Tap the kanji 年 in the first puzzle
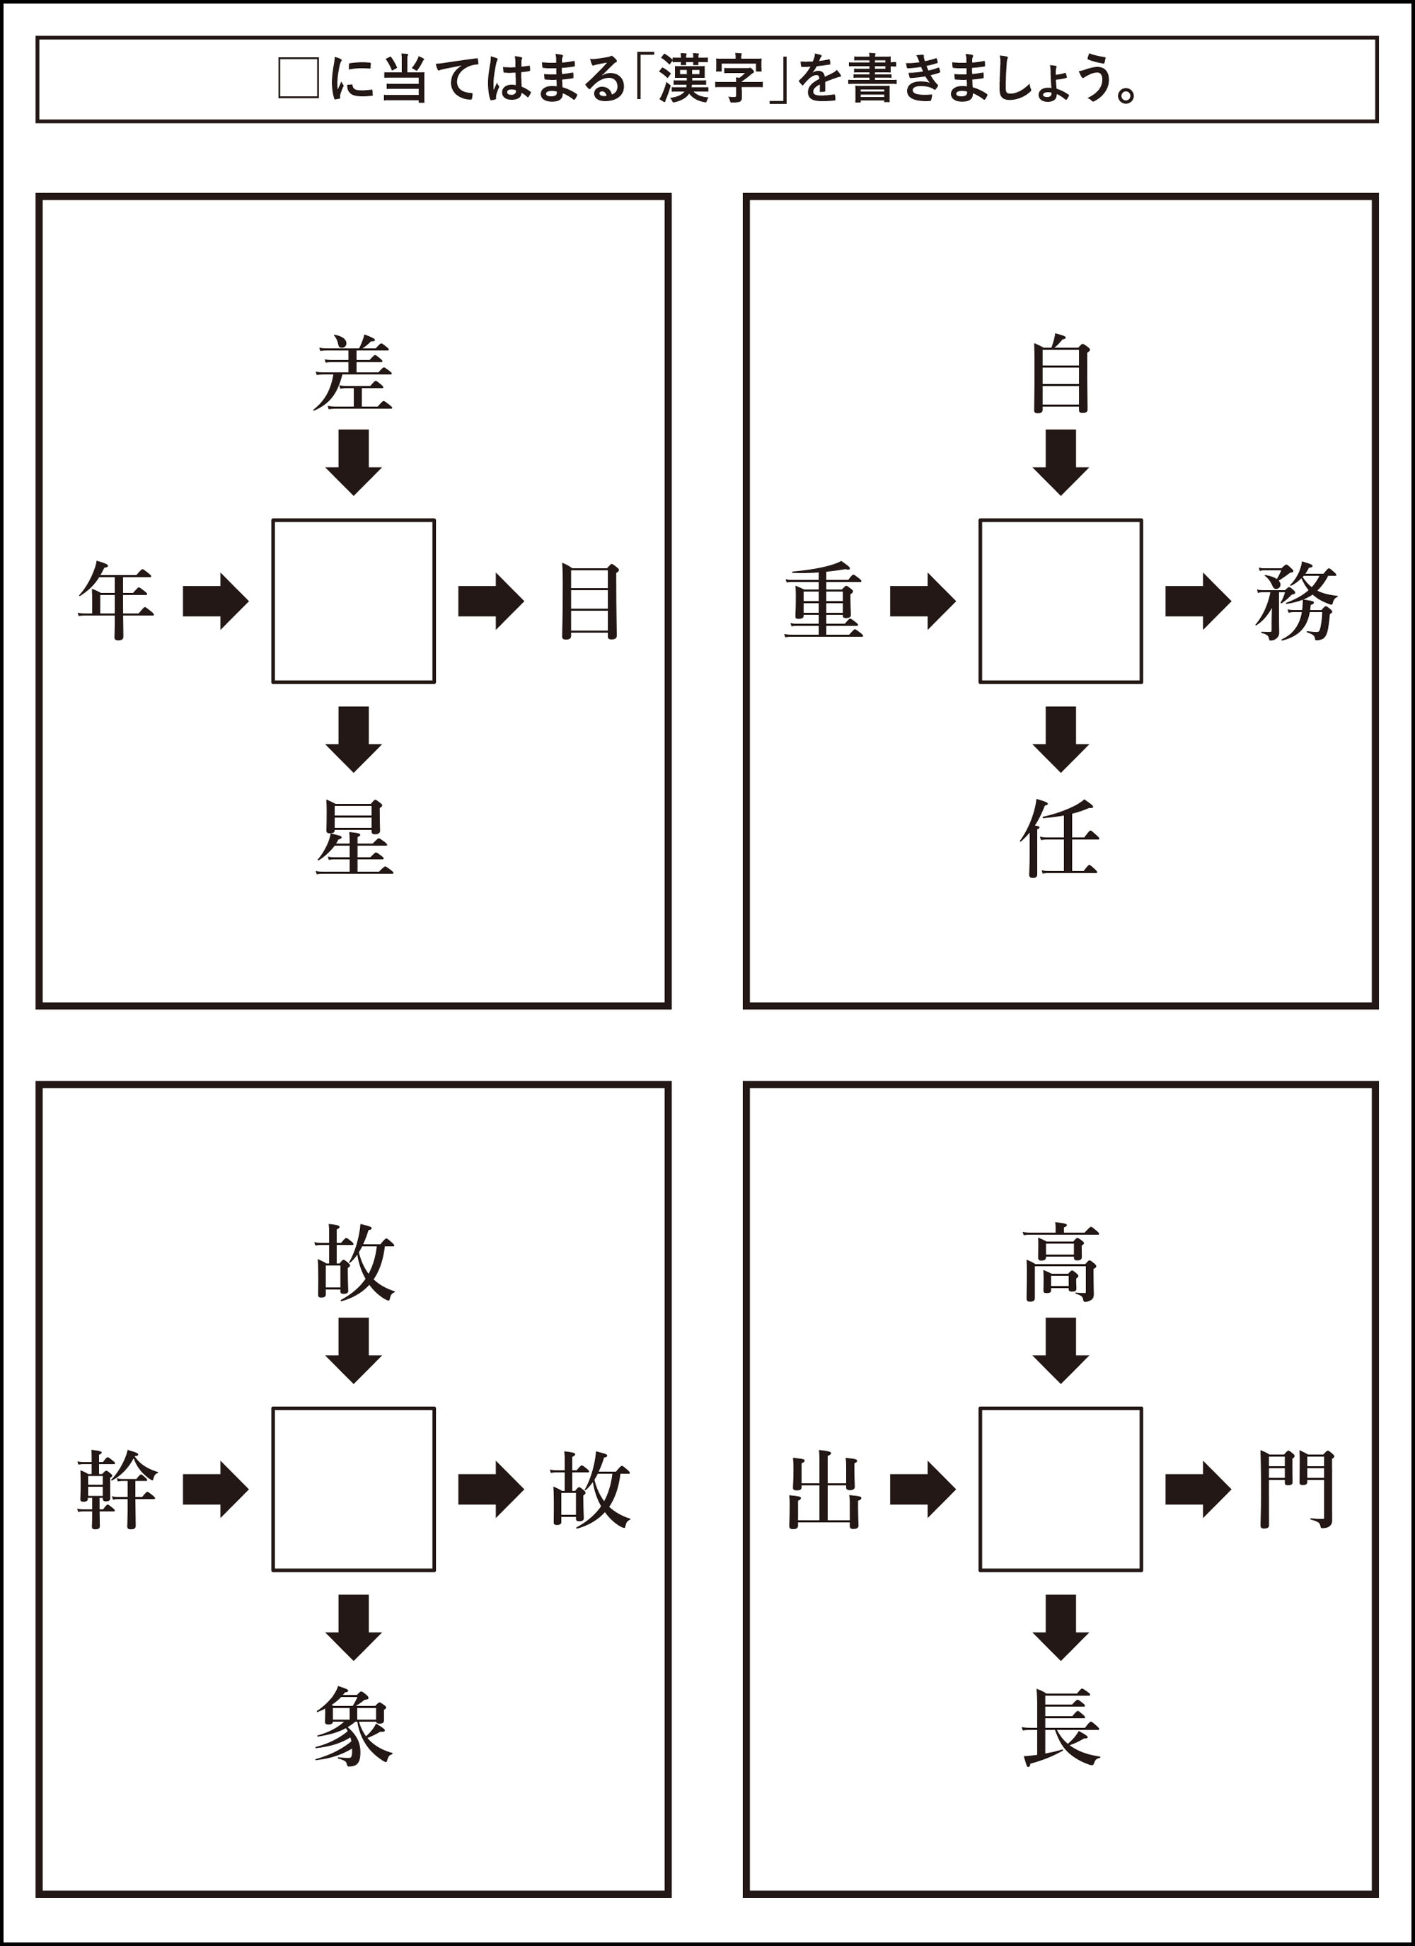pyautogui.click(x=116, y=601)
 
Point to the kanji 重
pyautogui.click(x=824, y=601)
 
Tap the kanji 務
pyautogui.click(x=1295, y=601)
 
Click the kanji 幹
pyautogui.click(x=117, y=1490)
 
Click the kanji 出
pyautogui.click(x=824, y=1490)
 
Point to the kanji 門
pyautogui.click(x=1295, y=1490)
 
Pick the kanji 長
pyautogui.click(x=1061, y=1727)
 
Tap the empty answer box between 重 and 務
pyautogui.click(x=1061, y=601)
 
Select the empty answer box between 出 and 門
pyautogui.click(x=1061, y=1490)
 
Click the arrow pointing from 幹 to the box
pyautogui.click(x=215, y=1490)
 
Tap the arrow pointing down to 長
pyautogui.click(x=1061, y=1627)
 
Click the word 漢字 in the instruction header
pyautogui.click(x=710, y=80)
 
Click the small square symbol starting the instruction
pyautogui.click(x=299, y=79)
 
